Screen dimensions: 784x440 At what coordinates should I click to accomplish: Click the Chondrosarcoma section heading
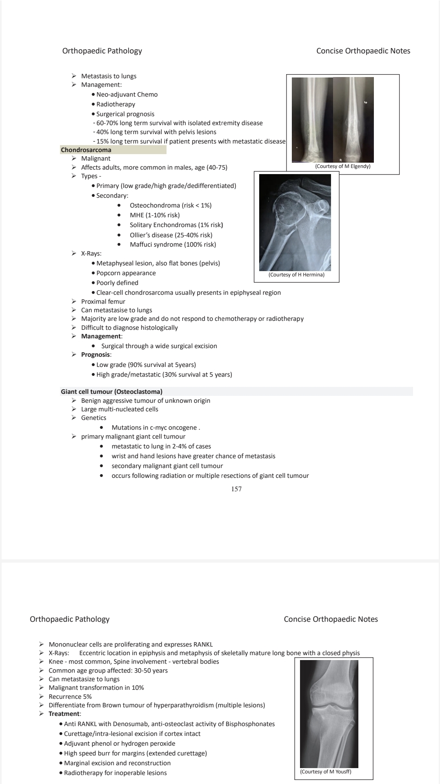tap(86, 150)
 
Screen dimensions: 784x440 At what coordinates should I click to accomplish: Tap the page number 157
tap(236, 489)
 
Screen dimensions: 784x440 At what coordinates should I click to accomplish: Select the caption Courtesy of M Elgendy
tap(342, 166)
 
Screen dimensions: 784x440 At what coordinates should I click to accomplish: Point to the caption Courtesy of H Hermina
tap(296, 275)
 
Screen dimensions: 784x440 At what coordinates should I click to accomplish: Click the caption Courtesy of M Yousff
tap(326, 771)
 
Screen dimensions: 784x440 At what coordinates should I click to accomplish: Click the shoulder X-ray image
tap(295, 222)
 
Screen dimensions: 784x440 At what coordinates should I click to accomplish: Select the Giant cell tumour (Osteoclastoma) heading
tap(111, 392)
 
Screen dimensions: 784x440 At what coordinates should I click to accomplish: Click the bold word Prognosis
tap(96, 355)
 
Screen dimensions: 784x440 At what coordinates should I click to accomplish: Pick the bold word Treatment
tap(64, 714)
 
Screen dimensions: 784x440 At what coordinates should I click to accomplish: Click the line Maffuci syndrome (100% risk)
tap(173, 245)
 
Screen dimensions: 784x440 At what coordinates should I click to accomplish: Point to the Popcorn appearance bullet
tap(126, 273)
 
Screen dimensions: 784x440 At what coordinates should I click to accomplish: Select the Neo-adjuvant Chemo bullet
tap(127, 95)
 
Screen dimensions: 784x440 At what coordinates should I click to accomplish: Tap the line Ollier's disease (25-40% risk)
tap(171, 235)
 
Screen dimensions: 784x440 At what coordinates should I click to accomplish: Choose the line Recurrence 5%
tap(70, 697)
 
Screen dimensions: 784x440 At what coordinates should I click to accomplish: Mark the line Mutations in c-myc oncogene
tap(155, 428)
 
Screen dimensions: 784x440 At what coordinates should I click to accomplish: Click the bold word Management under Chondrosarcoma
tap(101, 336)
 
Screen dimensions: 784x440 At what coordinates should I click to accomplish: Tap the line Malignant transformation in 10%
tap(96, 688)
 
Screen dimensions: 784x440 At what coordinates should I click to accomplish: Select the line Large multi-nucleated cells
tap(119, 409)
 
